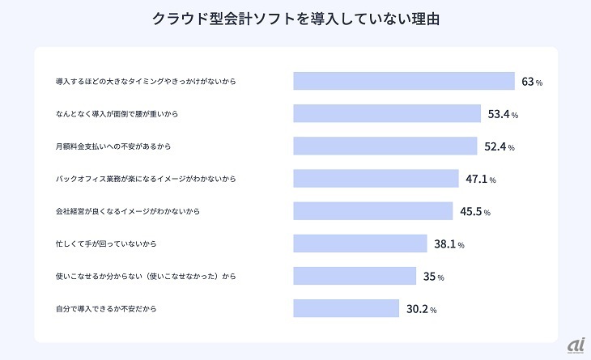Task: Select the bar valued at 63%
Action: pos(404,82)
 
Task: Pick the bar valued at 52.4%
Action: pos(385,146)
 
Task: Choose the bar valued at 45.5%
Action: pos(373,211)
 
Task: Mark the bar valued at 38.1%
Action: pos(360,244)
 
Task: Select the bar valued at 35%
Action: pos(355,276)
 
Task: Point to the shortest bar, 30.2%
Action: pos(347,308)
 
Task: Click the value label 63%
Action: pos(531,83)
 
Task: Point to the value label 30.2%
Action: pos(422,309)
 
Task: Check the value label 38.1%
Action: pos(449,244)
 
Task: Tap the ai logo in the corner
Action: pos(575,345)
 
